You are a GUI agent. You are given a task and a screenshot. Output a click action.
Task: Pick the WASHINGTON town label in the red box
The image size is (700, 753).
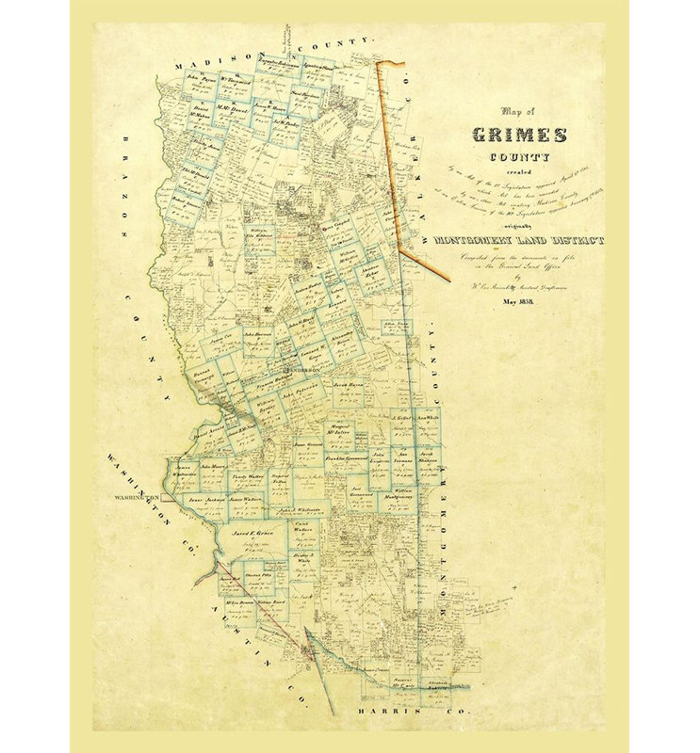pyautogui.click(x=138, y=496)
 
